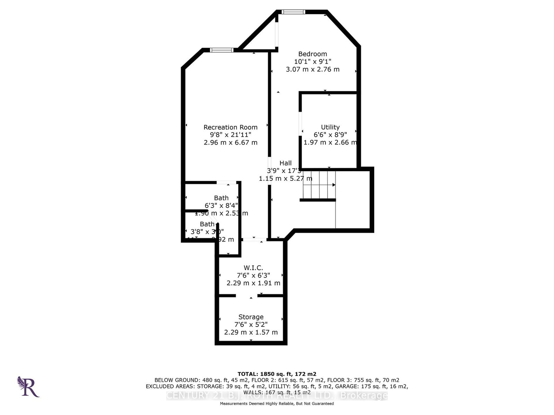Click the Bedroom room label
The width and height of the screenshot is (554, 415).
(x=312, y=54)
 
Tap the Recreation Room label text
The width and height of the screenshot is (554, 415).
(x=230, y=127)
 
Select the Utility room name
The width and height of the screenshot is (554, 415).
(x=330, y=127)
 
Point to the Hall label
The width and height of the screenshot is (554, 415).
(x=285, y=163)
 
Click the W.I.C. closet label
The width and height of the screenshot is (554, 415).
(x=253, y=268)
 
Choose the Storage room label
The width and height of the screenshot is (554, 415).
(x=251, y=317)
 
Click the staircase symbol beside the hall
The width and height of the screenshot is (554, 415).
(x=319, y=185)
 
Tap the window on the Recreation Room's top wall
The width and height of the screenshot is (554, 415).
(x=222, y=50)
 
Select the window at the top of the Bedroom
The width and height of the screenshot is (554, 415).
(x=293, y=12)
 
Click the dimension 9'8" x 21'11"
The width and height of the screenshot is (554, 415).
(x=230, y=135)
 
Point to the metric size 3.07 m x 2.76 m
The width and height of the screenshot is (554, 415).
(x=312, y=69)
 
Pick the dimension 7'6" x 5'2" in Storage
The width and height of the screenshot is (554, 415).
(x=251, y=324)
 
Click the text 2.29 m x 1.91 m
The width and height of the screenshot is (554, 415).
(x=253, y=283)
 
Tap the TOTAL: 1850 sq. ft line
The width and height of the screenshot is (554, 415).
(x=277, y=374)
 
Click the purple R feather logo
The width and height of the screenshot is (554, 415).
(x=28, y=387)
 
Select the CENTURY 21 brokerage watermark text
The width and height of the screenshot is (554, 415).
(x=277, y=395)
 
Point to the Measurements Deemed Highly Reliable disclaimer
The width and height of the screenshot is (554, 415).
(x=277, y=404)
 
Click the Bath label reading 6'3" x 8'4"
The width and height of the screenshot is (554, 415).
(x=221, y=205)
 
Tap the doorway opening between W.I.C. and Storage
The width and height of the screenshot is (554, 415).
(x=247, y=296)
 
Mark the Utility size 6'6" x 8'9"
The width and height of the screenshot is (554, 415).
(x=330, y=135)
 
